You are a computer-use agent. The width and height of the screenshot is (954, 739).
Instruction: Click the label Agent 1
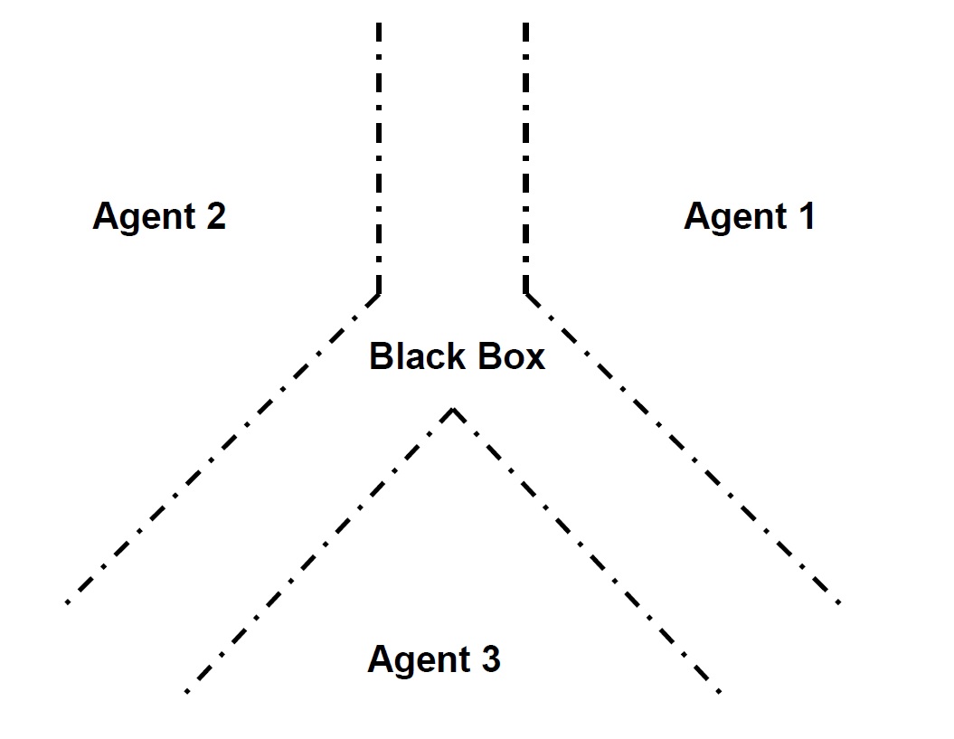coord(749,217)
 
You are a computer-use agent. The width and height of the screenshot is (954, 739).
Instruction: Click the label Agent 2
coord(159,217)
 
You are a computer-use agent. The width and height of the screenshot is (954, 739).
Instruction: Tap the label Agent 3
coord(433,659)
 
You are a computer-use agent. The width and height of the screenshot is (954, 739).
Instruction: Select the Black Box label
coord(457,356)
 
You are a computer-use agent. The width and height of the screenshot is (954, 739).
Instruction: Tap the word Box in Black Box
coord(512,356)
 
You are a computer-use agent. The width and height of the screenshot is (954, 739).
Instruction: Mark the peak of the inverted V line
coord(453,410)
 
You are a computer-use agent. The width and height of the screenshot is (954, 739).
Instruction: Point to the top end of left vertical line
coord(378,25)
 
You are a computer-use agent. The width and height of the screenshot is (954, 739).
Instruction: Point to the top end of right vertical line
coord(526,25)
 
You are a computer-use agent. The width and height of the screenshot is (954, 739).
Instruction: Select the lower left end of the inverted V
coord(186,692)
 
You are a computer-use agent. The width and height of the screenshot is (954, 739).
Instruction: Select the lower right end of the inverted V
coord(719,692)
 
